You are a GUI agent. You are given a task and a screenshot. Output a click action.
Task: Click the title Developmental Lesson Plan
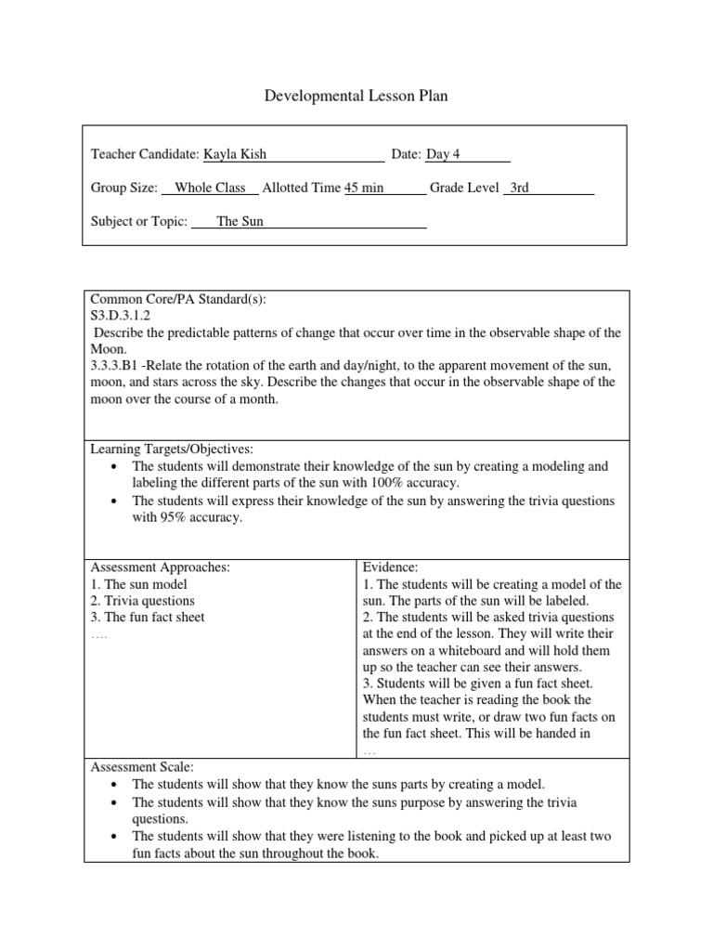[356, 95]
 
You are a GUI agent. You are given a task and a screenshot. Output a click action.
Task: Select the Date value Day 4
[444, 154]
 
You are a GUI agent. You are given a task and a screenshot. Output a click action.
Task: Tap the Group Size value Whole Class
[210, 188]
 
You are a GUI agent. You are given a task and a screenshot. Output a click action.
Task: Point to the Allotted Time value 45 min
[364, 188]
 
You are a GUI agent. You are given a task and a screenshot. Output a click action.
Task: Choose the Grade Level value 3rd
[519, 188]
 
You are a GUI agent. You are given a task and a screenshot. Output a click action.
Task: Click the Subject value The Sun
[240, 221]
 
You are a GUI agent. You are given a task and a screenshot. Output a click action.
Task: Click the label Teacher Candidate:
[145, 154]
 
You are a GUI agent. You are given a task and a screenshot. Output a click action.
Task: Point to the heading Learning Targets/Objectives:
[171, 449]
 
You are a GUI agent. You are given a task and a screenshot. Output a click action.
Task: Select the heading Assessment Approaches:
[160, 567]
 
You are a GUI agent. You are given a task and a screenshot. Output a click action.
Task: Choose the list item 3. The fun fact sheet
[148, 618]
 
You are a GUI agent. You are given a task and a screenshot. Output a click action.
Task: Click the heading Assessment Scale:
[141, 767]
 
